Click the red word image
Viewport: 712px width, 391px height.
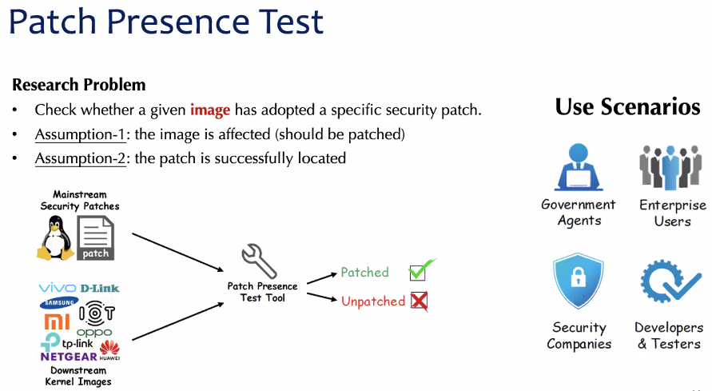pos(210,110)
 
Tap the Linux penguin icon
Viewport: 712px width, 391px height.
pos(54,237)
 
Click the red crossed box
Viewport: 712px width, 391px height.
pos(419,301)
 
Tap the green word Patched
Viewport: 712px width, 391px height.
pos(364,273)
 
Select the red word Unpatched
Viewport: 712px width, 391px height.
pos(372,301)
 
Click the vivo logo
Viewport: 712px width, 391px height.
pos(57,288)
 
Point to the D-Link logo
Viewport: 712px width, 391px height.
pos(100,288)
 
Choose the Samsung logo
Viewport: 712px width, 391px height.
pos(58,302)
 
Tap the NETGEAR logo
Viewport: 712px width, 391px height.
pos(69,357)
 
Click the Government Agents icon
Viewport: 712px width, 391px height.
pos(578,167)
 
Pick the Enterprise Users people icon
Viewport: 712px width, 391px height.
pos(672,167)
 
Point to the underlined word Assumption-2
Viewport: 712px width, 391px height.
pos(81,158)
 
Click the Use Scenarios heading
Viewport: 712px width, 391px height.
pos(627,107)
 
